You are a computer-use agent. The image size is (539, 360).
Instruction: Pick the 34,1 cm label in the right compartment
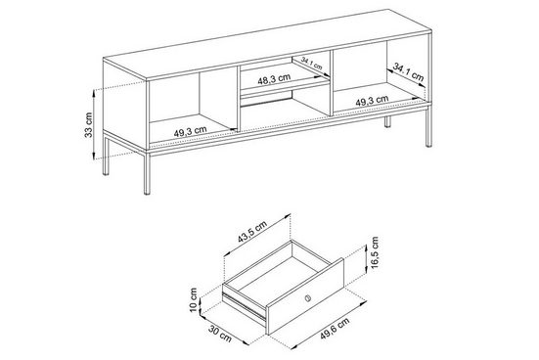click(x=408, y=70)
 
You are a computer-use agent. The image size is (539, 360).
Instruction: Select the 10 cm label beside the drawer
click(x=196, y=299)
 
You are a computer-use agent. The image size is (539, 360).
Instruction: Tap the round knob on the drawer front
click(x=308, y=296)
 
